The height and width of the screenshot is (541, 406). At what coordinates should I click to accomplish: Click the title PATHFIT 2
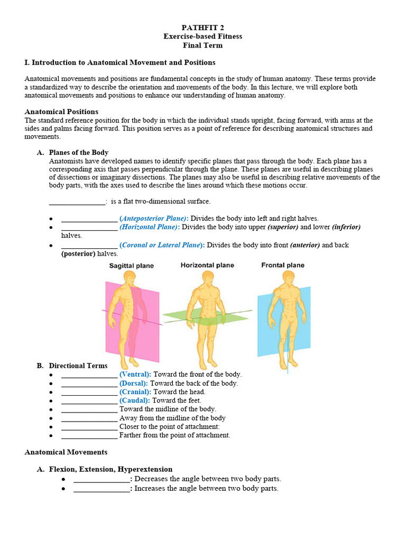point(202,27)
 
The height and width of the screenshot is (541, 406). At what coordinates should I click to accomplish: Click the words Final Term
point(202,45)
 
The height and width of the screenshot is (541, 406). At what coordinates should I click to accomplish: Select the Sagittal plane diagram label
point(131,266)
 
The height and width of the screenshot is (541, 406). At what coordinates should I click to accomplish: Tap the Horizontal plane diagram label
point(207,265)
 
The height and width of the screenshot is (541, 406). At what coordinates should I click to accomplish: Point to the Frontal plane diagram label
point(283,265)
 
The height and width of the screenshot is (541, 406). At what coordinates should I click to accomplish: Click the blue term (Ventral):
point(135,375)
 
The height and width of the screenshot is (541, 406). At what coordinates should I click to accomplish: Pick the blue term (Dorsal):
point(134,383)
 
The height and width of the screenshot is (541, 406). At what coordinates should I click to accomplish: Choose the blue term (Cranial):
point(135,392)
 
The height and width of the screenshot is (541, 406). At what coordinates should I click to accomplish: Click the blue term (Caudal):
point(135,400)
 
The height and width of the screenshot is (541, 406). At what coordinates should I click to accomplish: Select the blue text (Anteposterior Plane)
point(153,219)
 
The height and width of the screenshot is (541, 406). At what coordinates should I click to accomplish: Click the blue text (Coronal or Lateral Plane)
point(162,245)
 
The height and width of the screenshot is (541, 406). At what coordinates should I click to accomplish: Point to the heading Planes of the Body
point(78,153)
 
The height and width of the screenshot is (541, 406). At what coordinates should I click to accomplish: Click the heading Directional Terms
point(78,366)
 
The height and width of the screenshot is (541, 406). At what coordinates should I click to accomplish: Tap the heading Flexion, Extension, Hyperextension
point(110,469)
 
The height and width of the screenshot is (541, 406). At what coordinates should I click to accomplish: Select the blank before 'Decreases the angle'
point(101,479)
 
